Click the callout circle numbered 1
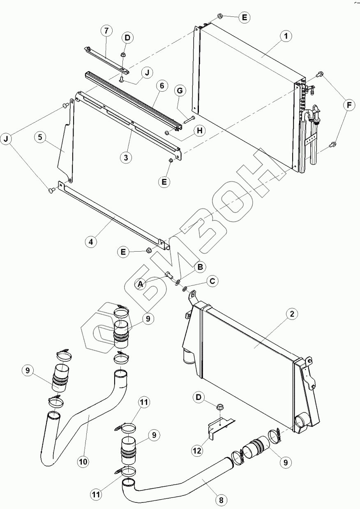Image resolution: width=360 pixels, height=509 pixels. click(x=286, y=36)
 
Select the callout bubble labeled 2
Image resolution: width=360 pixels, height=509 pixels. click(x=291, y=315)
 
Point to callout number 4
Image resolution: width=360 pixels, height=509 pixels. click(x=92, y=242)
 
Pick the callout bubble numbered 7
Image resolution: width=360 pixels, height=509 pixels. click(x=106, y=31)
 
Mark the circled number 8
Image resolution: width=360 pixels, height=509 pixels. click(x=221, y=500)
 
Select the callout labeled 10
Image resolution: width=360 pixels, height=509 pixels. click(x=83, y=462)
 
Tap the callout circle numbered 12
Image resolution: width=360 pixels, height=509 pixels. click(x=198, y=451)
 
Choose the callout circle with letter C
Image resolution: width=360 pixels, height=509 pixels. click(x=212, y=281)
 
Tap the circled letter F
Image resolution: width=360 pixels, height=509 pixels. click(x=349, y=106)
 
